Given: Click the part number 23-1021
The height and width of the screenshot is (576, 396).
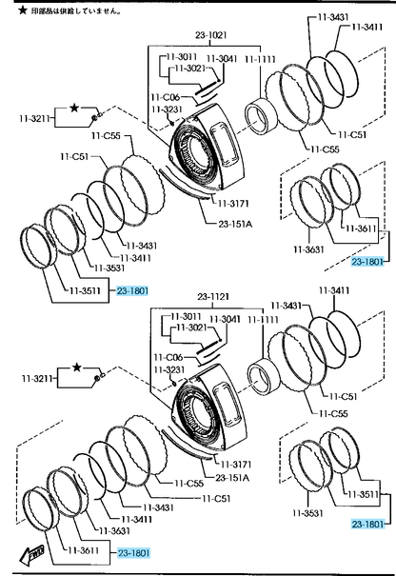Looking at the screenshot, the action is tap(211, 35).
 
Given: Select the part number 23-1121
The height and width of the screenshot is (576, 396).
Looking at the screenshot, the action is tap(213, 296).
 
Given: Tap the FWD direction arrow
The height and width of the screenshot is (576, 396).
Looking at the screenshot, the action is tap(32, 553).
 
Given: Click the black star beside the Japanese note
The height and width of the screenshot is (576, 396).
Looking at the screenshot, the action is tap(23, 10).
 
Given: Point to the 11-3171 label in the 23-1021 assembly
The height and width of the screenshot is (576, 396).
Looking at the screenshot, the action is tap(233, 203).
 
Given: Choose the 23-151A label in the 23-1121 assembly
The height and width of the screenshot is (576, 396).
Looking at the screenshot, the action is tap(232, 478).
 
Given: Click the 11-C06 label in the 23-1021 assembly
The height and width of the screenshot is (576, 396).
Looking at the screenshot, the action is tap(166, 97).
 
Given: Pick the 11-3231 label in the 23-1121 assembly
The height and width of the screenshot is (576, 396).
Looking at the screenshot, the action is tap(169, 369).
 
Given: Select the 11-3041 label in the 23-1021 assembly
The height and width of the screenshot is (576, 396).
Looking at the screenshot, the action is tap(222, 59).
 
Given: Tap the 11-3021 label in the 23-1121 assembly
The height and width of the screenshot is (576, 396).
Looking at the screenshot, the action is tap(191, 327).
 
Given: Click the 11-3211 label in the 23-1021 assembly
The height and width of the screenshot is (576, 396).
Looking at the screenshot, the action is tap(34, 118).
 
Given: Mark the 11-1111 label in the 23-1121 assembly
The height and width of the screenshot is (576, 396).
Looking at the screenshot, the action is tap(263, 320).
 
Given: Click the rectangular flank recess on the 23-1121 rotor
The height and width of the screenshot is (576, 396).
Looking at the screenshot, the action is tap(228, 404).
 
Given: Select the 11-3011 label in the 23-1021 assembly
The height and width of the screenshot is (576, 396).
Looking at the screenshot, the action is tap(182, 56).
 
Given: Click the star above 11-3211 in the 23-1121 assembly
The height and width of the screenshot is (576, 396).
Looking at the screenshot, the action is tap(76, 367).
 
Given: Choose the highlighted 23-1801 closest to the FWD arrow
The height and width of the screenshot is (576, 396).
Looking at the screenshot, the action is tap(133, 552).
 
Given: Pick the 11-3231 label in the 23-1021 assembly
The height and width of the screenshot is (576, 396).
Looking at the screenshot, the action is tap(167, 109).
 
